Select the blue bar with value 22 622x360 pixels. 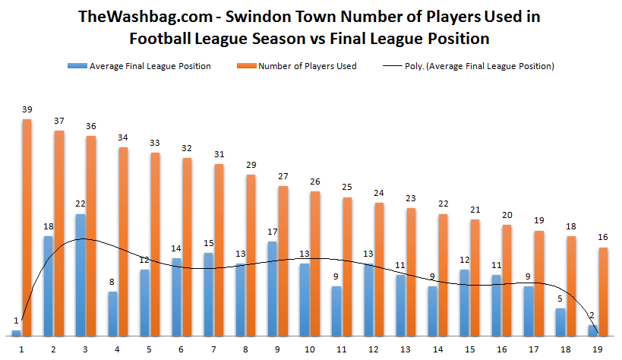pyautogui.click(x=80, y=275)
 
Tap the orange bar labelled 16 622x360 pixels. pyautogui.click(x=604, y=291)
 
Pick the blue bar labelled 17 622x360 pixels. pyautogui.click(x=272, y=289)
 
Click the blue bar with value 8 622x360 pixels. pyautogui.click(x=112, y=314)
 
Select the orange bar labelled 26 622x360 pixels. pyautogui.click(x=315, y=264)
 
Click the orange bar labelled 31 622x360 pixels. pyautogui.click(x=219, y=250)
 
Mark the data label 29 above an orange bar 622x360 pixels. pyautogui.click(x=250, y=166)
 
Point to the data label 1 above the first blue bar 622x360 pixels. pyautogui.click(x=16, y=321)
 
